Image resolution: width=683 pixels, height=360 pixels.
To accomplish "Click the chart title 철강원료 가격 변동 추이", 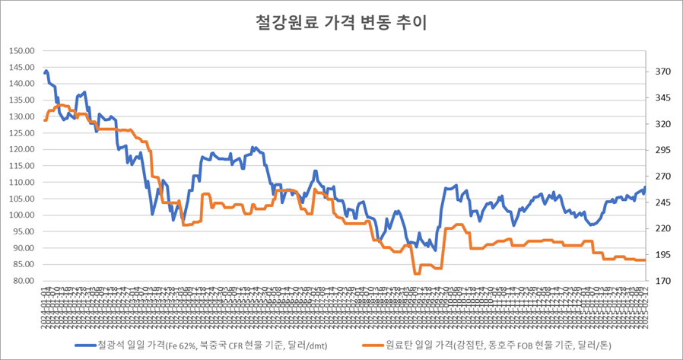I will [341, 23].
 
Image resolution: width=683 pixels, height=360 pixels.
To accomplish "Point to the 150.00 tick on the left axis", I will [23, 51].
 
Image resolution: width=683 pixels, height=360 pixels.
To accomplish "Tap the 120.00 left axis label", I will [23, 149].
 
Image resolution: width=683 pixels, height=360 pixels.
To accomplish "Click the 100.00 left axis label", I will [23, 215].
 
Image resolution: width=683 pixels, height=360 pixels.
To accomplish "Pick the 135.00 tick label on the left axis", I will [23, 100].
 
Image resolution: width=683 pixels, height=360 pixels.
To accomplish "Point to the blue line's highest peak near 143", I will [46, 72].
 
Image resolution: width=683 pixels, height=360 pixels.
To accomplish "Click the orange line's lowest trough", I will [415, 273].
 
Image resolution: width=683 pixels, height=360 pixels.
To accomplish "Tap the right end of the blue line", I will [645, 187].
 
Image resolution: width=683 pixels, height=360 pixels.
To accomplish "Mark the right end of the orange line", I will [645, 260].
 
